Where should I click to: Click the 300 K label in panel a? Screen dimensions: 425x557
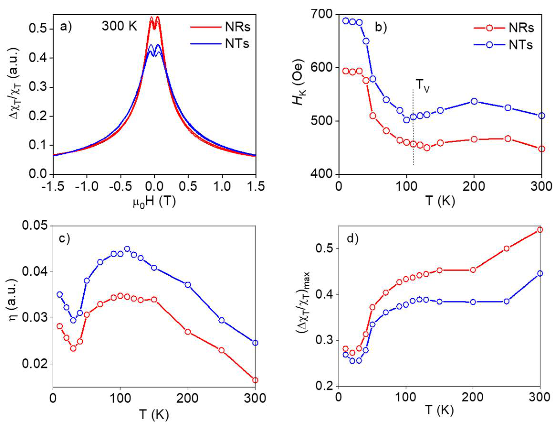click(x=119, y=26)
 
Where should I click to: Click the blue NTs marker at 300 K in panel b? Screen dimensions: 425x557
click(x=541, y=116)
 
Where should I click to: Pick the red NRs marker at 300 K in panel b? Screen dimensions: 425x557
click(x=541, y=149)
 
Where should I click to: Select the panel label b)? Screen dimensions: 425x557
click(x=381, y=27)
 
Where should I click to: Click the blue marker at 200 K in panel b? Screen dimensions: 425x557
click(x=474, y=102)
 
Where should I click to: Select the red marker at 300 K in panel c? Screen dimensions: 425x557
click(x=255, y=387)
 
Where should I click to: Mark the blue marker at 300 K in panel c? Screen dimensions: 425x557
click(x=255, y=343)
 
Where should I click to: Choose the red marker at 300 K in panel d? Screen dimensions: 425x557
click(x=540, y=230)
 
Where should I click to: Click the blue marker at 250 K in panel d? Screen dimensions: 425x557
click(x=506, y=301)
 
